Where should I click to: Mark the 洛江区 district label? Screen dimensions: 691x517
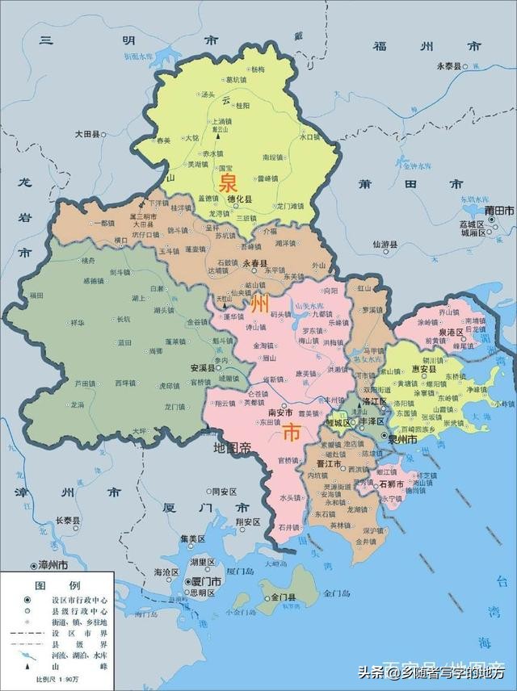click(376, 401)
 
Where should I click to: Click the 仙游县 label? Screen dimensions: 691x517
click(385, 243)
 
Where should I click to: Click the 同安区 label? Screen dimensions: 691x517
click(224, 491)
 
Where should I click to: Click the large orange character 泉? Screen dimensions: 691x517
click(228, 179)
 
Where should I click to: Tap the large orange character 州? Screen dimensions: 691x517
click(259, 304)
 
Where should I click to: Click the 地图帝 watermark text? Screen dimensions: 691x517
click(234, 447)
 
